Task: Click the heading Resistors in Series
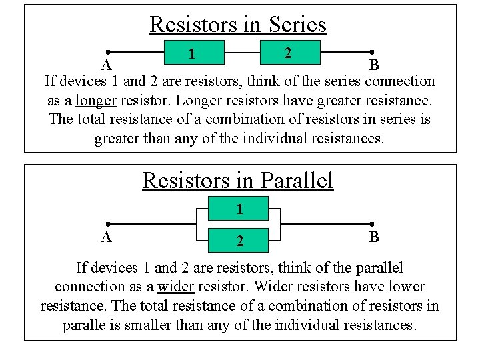[x=238, y=25]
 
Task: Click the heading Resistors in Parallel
[x=237, y=180]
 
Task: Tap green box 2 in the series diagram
[x=287, y=51]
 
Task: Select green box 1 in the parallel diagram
[x=239, y=209]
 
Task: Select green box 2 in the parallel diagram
[x=239, y=240]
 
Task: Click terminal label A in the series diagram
[x=106, y=65]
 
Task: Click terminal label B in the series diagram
[x=374, y=65]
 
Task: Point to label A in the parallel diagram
[x=106, y=237]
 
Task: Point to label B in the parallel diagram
[x=374, y=237]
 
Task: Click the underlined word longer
[x=96, y=101]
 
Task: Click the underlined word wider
[x=176, y=287]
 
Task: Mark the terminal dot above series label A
[x=107, y=52]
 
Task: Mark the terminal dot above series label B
[x=372, y=52]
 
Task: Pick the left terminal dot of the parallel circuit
[x=107, y=225]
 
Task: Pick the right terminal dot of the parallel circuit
[x=372, y=225]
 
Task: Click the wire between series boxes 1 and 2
[x=239, y=52]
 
